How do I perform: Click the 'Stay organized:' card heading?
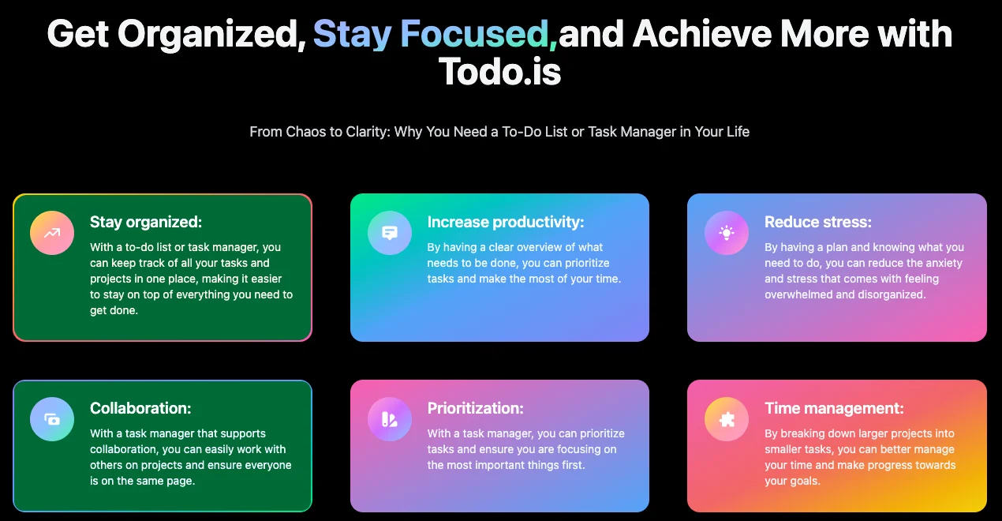pyautogui.click(x=146, y=222)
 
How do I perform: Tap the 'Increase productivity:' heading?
pyautogui.click(x=506, y=222)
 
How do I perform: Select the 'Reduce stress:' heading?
pyautogui.click(x=818, y=222)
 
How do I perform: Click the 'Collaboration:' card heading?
pyautogui.click(x=140, y=408)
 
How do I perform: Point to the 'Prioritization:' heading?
pyautogui.click(x=475, y=408)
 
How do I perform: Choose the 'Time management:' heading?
pyautogui.click(x=834, y=408)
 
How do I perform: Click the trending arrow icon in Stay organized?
pyautogui.click(x=52, y=233)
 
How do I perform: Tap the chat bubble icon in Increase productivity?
pyautogui.click(x=390, y=233)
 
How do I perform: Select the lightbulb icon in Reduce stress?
pyautogui.click(x=727, y=233)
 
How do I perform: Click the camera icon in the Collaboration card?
pyautogui.click(x=52, y=419)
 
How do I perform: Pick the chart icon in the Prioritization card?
pyautogui.click(x=389, y=419)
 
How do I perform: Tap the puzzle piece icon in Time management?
pyautogui.click(x=727, y=419)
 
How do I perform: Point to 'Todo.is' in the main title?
pyautogui.click(x=499, y=72)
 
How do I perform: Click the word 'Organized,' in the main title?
pyautogui.click(x=212, y=35)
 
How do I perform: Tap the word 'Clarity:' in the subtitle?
pyautogui.click(x=367, y=132)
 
